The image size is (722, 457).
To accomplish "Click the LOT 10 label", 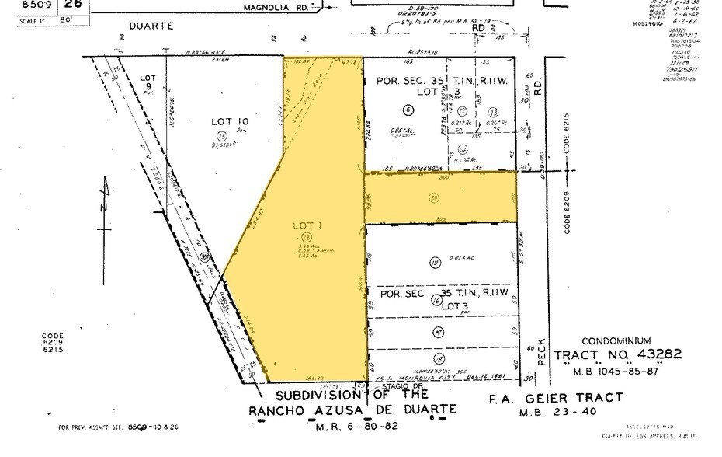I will coord(230,120).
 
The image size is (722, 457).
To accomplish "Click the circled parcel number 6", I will coord(408,110).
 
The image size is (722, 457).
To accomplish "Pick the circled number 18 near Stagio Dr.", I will coord(439,358).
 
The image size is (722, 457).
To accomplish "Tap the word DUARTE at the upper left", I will coord(172,25).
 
